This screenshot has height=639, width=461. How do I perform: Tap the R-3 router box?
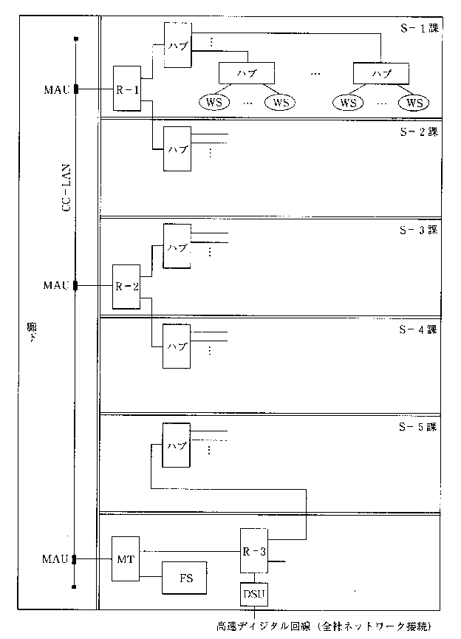pyautogui.click(x=254, y=550)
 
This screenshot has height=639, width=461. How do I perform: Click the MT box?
pyautogui.click(x=125, y=558)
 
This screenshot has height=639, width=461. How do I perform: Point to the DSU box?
pyautogui.click(x=254, y=592)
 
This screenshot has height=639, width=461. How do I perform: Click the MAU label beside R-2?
pyautogui.click(x=56, y=284)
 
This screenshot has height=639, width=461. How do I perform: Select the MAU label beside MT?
pyautogui.click(x=56, y=559)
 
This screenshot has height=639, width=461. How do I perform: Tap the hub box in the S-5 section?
pyautogui.click(x=176, y=445)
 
